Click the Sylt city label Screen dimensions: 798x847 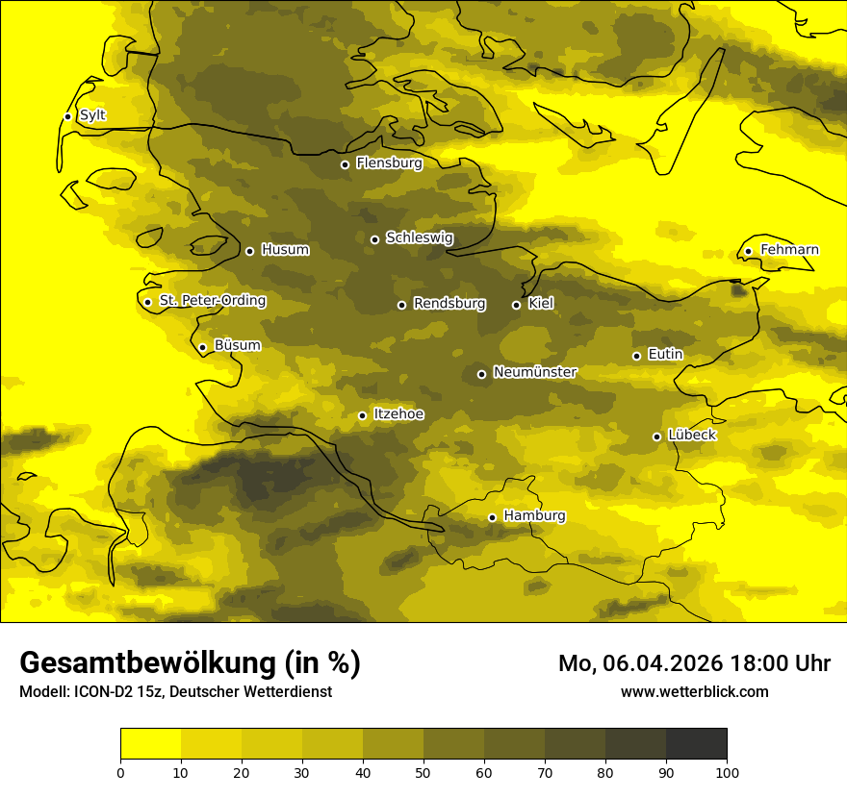92,115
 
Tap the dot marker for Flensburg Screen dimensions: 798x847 345,164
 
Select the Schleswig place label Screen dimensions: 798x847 419,237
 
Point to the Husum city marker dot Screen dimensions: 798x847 249,251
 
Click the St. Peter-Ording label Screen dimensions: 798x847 212,300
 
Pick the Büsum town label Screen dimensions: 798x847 237,345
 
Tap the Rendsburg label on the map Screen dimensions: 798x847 449,304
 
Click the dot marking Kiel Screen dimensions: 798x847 516,305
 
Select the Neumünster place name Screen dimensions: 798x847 535,372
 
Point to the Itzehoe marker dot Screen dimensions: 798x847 362,415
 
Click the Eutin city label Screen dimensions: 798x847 665,355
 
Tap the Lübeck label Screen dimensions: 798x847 691,435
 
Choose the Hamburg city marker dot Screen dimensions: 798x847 492,517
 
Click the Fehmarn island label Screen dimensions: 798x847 789,250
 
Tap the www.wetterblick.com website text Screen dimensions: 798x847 694,691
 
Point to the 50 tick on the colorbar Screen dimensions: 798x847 423,771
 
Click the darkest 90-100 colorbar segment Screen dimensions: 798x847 696,743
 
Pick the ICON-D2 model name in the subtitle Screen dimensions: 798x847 106,692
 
